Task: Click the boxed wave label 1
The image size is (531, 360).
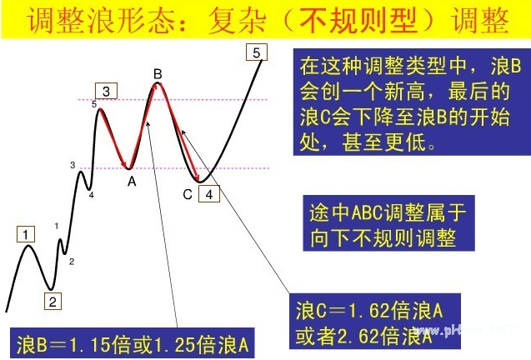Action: click(26, 234)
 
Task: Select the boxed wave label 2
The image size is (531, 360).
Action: click(53, 301)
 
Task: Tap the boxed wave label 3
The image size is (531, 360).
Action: click(106, 91)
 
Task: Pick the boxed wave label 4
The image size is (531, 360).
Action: click(209, 194)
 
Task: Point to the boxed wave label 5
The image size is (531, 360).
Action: click(257, 52)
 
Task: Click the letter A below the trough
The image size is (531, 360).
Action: click(132, 182)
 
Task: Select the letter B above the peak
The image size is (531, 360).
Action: click(158, 74)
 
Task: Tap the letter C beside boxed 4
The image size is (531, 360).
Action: click(188, 195)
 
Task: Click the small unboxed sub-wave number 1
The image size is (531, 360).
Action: click(57, 226)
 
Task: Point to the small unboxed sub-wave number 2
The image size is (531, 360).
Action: click(72, 262)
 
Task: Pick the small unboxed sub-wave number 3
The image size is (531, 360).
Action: click(73, 165)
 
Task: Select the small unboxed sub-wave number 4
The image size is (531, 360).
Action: click(92, 195)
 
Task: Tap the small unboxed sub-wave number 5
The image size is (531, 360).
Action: click(94, 104)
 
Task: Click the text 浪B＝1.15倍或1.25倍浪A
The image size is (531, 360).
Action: click(133, 345)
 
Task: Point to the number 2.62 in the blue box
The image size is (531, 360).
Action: click(359, 336)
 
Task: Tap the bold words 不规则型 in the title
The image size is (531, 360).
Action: click(358, 21)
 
